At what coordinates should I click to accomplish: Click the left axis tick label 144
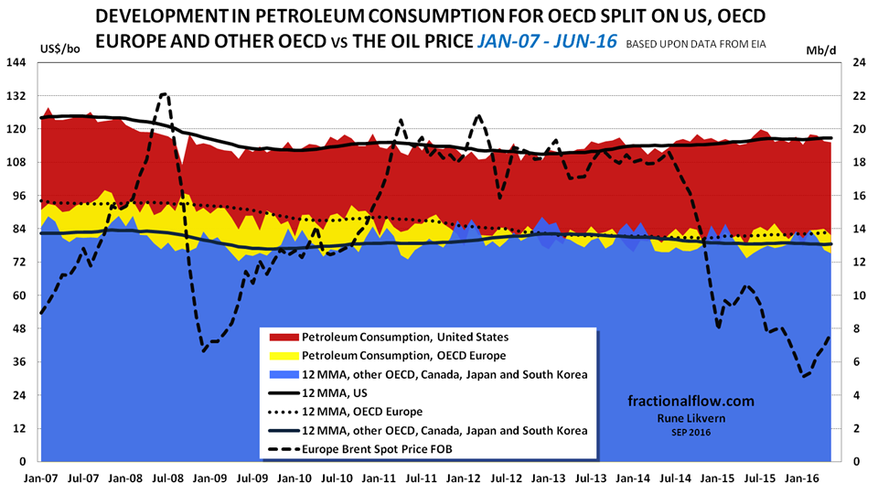[19, 62]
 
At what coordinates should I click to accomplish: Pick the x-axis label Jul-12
[505, 477]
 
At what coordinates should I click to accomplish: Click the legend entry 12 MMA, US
[328, 393]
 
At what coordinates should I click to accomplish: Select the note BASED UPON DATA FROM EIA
[696, 41]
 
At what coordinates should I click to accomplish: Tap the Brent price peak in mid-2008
[164, 94]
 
